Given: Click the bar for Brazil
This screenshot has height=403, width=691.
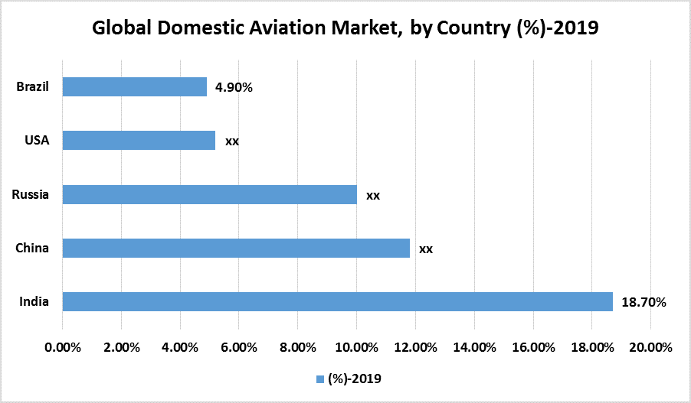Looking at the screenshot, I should tap(134, 86).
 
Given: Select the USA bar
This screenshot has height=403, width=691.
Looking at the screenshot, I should tap(139, 141).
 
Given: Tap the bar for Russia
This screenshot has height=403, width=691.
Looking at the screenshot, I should tap(209, 194).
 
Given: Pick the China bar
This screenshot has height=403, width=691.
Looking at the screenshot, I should tap(236, 248).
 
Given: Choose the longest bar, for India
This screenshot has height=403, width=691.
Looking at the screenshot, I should tap(337, 301).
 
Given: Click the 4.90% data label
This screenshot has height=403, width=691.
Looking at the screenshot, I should tap(234, 87).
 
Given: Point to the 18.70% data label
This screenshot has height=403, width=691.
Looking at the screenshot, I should tap(644, 302).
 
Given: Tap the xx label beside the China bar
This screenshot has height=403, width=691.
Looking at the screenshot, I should tap(426, 249).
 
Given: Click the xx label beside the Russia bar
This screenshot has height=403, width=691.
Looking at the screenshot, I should tap(373, 195).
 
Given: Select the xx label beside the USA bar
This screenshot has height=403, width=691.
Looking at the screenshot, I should tap(232, 141).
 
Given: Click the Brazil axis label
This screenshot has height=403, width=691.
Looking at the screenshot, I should tap(33, 86).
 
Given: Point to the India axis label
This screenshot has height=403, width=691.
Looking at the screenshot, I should tap(34, 301).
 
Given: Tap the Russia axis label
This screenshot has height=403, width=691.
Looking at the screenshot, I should tap(31, 194).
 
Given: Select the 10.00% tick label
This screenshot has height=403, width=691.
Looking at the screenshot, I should tap(357, 347).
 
